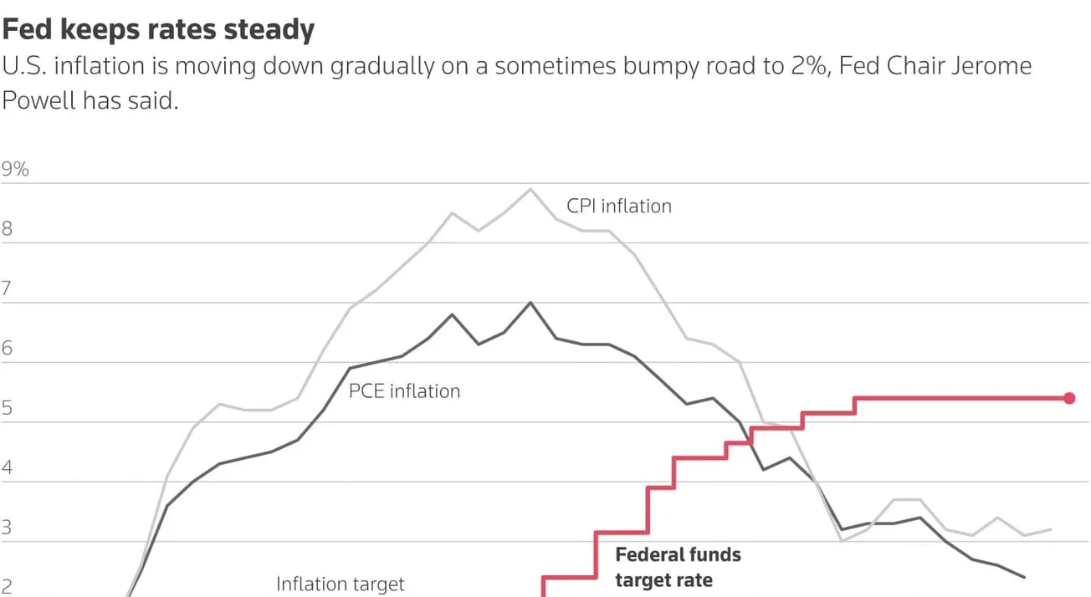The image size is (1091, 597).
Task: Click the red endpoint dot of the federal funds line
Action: click(1069, 399)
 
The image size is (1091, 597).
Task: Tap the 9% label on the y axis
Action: click(15, 169)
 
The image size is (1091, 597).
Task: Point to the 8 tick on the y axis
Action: click(7, 228)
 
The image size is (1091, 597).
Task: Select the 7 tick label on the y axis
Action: click(7, 288)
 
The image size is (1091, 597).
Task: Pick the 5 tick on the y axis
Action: click(7, 408)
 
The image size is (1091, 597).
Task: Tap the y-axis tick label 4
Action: click(7, 467)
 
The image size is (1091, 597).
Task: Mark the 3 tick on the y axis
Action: click(7, 528)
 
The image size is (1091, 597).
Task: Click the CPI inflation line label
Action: click(619, 207)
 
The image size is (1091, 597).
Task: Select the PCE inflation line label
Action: click(405, 391)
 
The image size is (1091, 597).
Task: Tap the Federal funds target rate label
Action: click(678, 568)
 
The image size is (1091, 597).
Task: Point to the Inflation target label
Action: click(341, 584)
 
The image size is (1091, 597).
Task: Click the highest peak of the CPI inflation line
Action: click(530, 189)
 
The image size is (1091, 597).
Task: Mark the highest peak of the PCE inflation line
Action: click(530, 303)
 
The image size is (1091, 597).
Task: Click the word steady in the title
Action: click(269, 30)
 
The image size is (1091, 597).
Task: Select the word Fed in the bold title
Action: click(28, 29)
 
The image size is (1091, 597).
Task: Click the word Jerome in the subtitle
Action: click(991, 66)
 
